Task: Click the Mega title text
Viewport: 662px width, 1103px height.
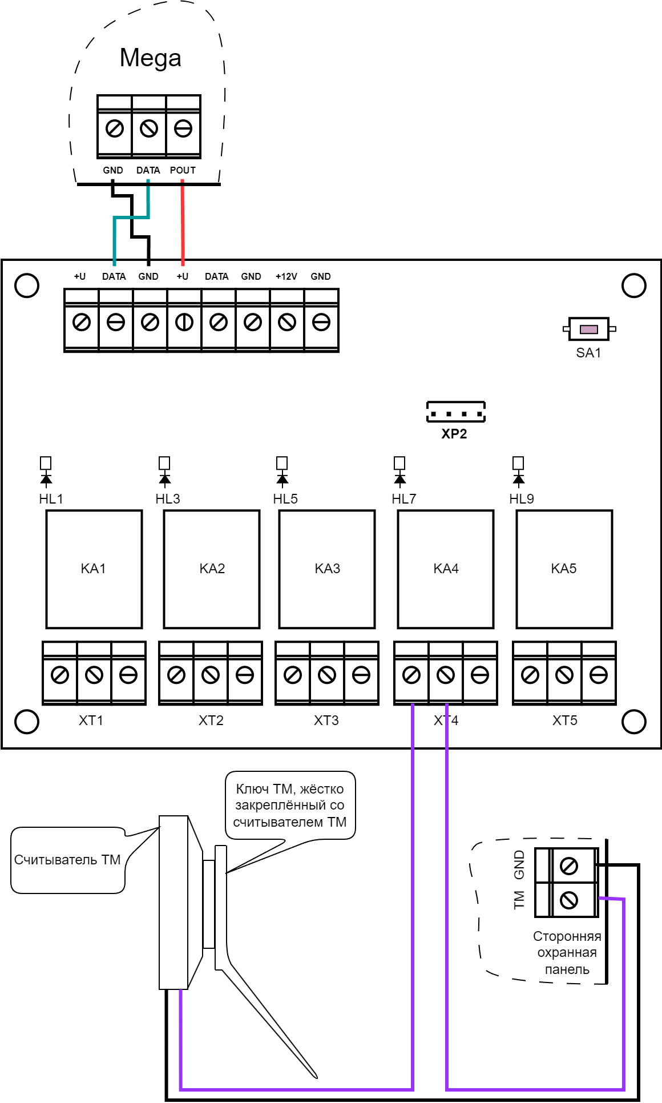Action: (151, 58)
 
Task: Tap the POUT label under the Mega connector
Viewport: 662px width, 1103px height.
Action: (183, 170)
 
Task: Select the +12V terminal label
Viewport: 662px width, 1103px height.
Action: (286, 276)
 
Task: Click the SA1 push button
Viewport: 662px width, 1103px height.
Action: (589, 329)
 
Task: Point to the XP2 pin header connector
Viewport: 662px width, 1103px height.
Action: (456, 412)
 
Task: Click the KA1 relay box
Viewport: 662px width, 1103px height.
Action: (94, 569)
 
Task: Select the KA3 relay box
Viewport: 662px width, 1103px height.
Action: (327, 569)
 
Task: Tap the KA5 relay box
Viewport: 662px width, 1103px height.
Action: (564, 569)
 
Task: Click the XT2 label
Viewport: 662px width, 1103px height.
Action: (211, 720)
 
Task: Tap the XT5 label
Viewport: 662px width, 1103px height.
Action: (565, 720)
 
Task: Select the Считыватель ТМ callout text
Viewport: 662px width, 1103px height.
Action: (67, 860)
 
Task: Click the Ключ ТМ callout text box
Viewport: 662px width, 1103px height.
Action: (290, 805)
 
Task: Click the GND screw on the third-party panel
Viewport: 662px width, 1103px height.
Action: (568, 866)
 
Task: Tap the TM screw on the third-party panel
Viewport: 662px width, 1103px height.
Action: (568, 901)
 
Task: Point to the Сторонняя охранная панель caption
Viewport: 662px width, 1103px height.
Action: (567, 953)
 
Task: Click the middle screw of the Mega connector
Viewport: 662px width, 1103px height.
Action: (149, 128)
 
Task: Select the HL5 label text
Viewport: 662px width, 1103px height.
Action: (285, 499)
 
